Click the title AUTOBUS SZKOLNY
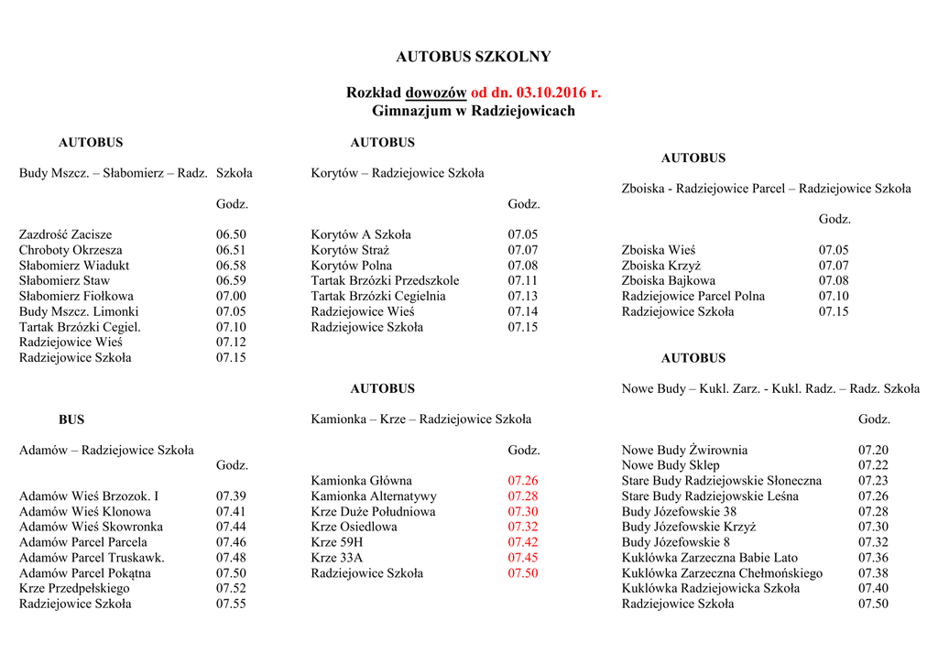(474, 57)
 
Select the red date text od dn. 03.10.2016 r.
(536, 93)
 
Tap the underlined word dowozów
(435, 93)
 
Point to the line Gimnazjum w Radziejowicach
(474, 111)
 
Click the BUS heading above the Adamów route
(71, 419)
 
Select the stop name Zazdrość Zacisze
(65, 234)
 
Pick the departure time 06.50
(231, 234)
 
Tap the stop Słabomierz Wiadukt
(74, 266)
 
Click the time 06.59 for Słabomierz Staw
(231, 281)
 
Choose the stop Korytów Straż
(350, 250)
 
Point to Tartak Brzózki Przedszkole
(385, 281)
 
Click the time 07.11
(523, 281)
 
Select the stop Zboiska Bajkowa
(668, 281)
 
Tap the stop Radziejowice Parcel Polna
(693, 297)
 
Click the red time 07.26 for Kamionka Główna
(523, 481)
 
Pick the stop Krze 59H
(337, 542)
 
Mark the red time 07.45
(523, 558)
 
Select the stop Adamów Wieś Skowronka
(91, 527)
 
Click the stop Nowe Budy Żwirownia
(684, 451)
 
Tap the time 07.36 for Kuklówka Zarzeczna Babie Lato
(873, 558)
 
